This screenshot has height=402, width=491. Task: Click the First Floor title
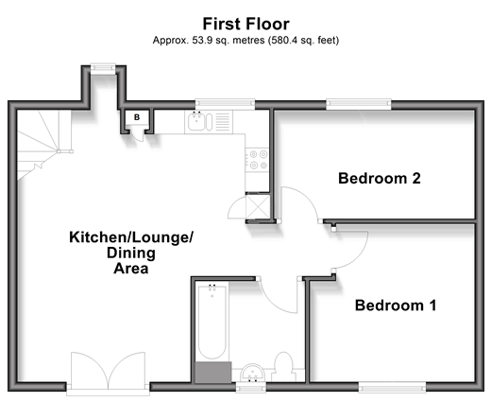click(x=245, y=24)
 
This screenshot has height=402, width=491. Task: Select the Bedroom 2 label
click(x=380, y=179)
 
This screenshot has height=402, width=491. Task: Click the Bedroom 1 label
click(x=396, y=306)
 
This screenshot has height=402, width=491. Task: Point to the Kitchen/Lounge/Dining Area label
click(x=131, y=253)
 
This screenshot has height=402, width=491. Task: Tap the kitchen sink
click(x=200, y=122)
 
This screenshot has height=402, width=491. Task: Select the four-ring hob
click(x=257, y=160)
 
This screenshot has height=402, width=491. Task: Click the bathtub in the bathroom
click(x=212, y=322)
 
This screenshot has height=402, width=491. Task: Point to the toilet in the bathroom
click(x=283, y=366)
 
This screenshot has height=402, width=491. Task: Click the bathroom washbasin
click(x=252, y=374)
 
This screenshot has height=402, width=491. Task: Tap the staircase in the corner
click(x=43, y=145)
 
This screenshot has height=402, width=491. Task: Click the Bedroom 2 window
click(x=359, y=104)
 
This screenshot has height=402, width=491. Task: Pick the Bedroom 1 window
click(x=392, y=387)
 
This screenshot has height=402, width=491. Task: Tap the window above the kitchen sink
click(x=225, y=104)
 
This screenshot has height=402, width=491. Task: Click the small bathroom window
click(x=251, y=387)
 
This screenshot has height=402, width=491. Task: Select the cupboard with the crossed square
click(x=258, y=207)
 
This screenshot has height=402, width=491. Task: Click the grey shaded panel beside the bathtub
click(x=213, y=373)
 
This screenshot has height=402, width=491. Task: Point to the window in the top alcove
click(x=103, y=68)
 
